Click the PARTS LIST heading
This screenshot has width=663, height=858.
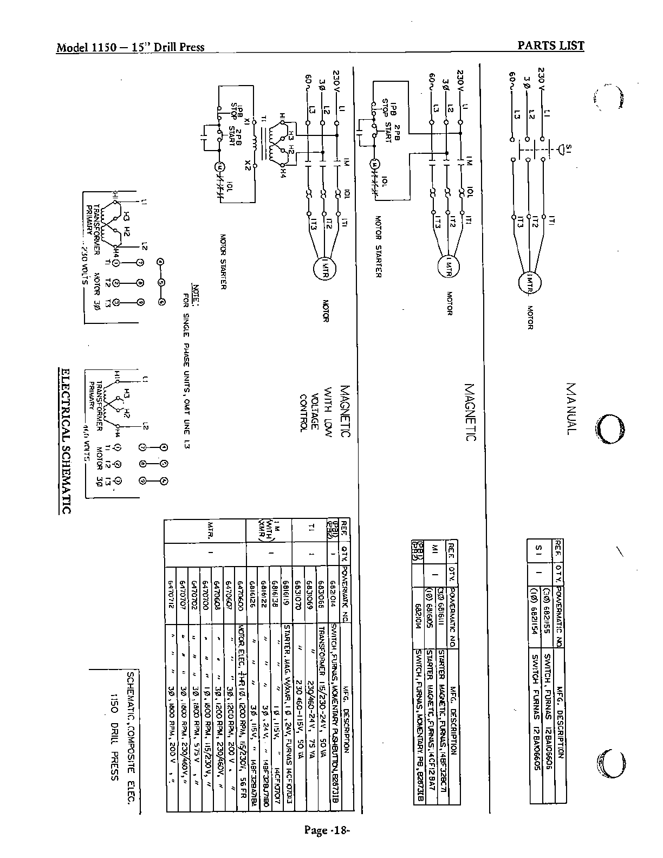(551, 45)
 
